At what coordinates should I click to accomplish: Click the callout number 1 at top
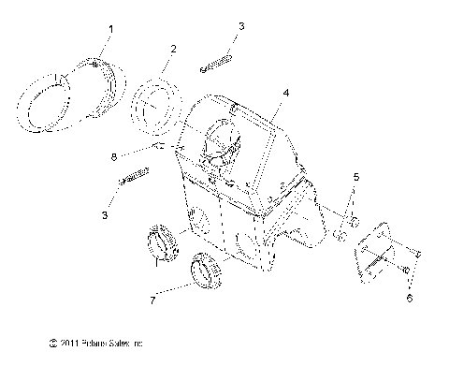coord(110,30)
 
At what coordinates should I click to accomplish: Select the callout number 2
coord(173,48)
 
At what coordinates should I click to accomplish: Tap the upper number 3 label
coord(241,26)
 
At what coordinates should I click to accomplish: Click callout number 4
coord(286,94)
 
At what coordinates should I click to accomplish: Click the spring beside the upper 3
coord(215,65)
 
